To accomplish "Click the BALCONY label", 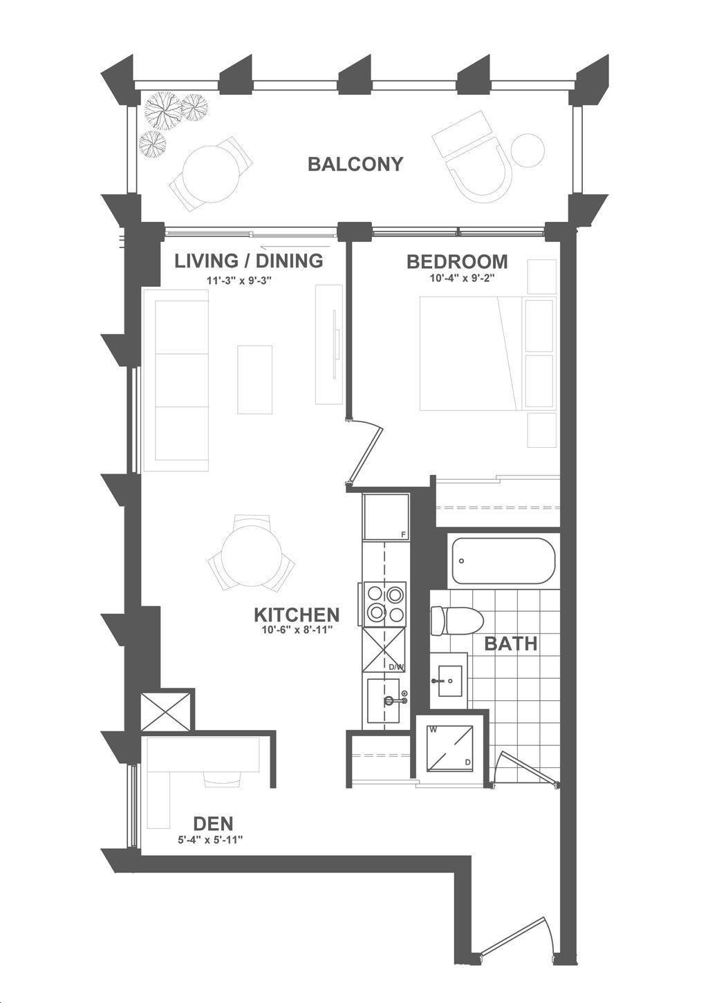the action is [x=355, y=165].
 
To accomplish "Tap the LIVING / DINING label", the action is [x=248, y=261].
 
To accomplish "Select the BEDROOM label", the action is [x=457, y=261].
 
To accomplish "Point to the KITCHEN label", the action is [x=297, y=615].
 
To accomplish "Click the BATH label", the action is [x=511, y=644].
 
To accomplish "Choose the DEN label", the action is [x=213, y=823].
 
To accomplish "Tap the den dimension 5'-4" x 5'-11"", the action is [x=210, y=840].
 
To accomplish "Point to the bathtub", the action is [x=503, y=561].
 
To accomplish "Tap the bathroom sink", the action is [x=449, y=681].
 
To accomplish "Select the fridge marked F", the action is [x=386, y=517].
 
